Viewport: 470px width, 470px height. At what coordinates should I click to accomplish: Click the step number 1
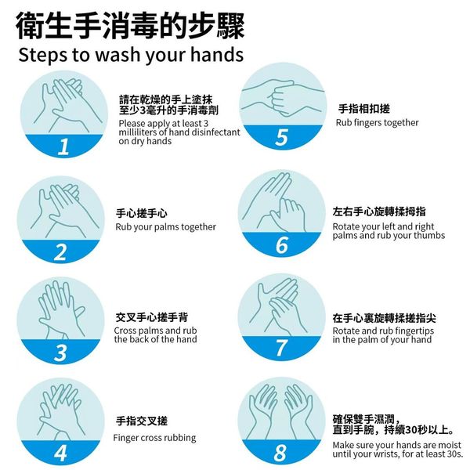click(63, 147)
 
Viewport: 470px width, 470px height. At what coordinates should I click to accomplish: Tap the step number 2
click(60, 252)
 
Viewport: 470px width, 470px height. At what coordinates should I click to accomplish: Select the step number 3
click(60, 352)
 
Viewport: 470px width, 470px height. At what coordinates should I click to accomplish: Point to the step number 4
click(60, 453)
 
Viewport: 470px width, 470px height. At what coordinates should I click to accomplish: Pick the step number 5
click(282, 137)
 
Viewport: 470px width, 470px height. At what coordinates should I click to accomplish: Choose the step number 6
click(282, 245)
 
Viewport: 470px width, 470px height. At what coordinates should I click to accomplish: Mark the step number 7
click(281, 348)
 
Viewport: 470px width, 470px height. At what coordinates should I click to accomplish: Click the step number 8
click(281, 453)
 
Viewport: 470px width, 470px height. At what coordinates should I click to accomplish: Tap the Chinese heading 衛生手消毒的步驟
click(130, 26)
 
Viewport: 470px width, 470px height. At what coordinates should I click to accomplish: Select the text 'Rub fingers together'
click(377, 123)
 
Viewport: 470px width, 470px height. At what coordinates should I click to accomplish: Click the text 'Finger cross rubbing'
click(154, 438)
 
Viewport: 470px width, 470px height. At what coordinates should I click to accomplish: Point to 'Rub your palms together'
click(166, 227)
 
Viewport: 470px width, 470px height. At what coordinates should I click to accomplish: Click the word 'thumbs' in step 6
click(429, 235)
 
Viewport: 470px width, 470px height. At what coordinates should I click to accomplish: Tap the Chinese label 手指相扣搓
click(364, 109)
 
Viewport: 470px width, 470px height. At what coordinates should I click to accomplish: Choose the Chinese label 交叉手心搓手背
click(152, 317)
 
